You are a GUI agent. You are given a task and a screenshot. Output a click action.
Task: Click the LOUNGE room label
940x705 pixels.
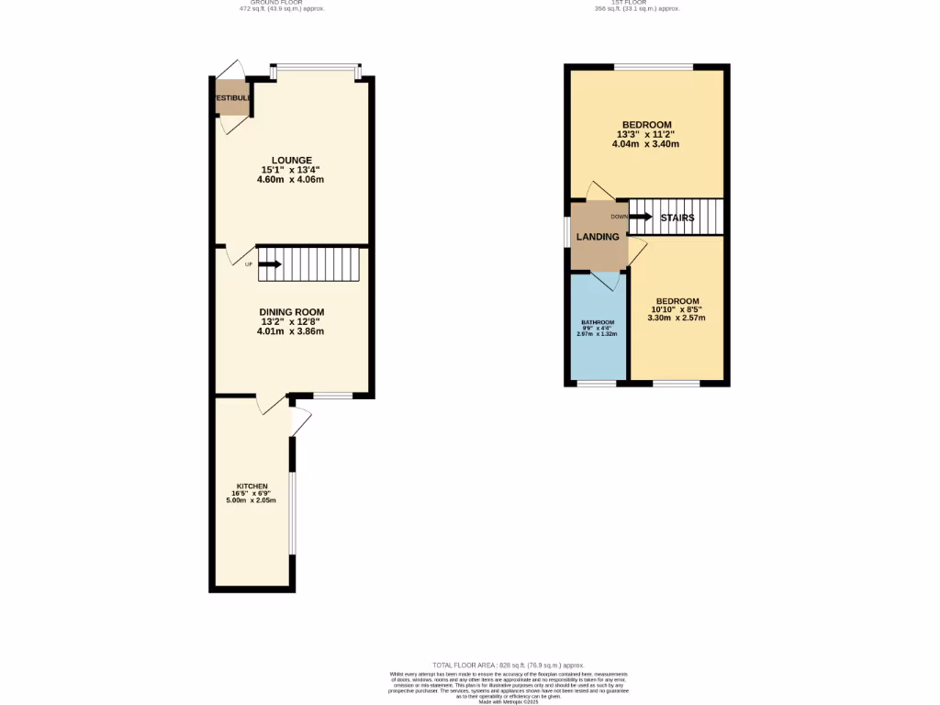coord(290,160)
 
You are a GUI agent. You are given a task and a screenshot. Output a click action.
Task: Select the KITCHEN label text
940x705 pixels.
coord(252,486)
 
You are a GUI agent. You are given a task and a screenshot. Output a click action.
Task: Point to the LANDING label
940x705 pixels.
coord(597,237)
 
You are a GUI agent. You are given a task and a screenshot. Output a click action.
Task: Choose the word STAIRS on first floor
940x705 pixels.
coord(677,218)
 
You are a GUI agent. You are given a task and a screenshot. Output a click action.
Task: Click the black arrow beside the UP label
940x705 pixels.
coord(271,264)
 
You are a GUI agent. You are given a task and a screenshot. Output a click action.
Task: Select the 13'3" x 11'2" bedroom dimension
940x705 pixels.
coord(647,134)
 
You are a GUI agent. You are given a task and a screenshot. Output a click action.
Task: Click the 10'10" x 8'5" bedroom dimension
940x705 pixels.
coord(677,309)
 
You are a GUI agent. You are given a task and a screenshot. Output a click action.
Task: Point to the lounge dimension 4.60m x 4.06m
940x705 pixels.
coord(290,179)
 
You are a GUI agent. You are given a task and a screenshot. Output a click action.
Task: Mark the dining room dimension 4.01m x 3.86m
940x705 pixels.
coord(290,330)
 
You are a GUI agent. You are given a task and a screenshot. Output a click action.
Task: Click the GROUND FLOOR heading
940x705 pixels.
coord(282,3)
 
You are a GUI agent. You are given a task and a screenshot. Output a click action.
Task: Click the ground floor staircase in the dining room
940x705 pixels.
coord(312,264)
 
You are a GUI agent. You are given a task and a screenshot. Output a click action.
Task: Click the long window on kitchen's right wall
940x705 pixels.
coord(293,514)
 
